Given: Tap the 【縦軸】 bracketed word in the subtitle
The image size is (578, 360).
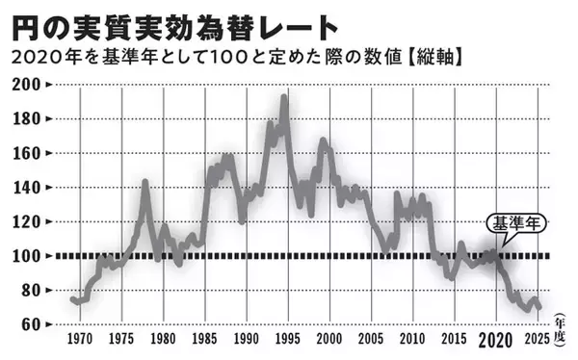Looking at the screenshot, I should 439,58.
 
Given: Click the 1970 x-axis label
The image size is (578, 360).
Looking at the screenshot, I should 79,341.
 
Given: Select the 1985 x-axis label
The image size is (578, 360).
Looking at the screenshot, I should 204,341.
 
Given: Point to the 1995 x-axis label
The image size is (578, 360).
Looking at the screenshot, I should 287,341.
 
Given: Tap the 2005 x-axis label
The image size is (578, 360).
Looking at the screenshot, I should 370,341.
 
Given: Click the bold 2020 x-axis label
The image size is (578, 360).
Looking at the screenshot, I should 495,341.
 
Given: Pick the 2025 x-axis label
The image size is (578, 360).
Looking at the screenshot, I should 537,341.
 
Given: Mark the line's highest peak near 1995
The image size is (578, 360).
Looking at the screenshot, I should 284,96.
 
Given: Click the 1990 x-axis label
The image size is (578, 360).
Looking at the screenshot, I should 246,341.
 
